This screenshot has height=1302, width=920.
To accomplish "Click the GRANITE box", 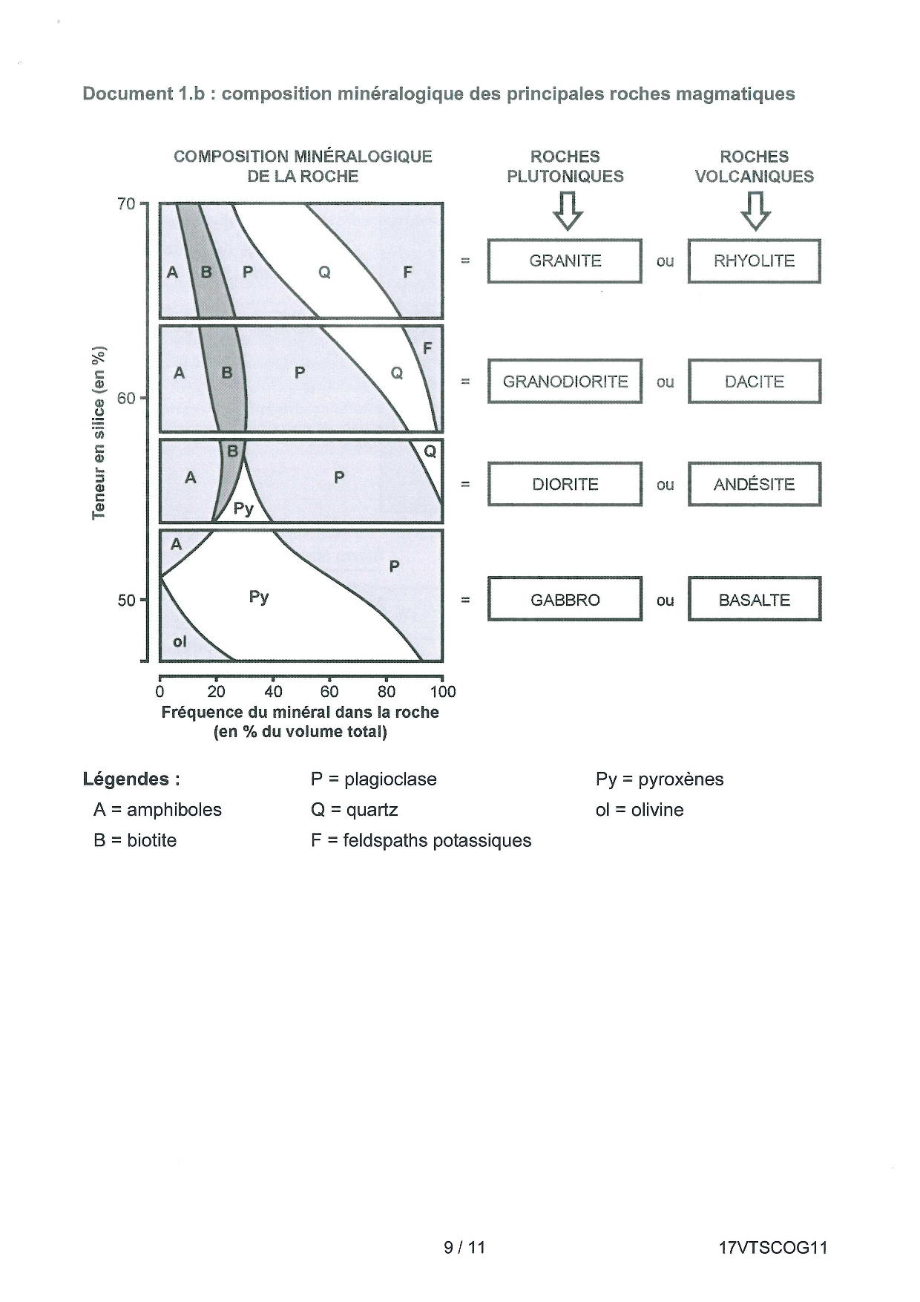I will pyautogui.click(x=565, y=261).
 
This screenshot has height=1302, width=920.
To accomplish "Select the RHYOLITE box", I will pyautogui.click(x=754, y=261).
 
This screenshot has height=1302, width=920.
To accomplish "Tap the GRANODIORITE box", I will pyautogui.click(x=565, y=382).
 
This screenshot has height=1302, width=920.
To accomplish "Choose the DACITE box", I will pyautogui.click(x=754, y=382).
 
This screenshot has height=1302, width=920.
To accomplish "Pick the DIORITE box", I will pyautogui.click(x=565, y=484).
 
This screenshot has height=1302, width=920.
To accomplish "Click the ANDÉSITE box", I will pyautogui.click(x=754, y=484).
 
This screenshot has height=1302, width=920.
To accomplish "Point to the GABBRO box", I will pyautogui.click(x=565, y=599).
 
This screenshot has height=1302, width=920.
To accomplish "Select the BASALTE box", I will pyautogui.click(x=754, y=599).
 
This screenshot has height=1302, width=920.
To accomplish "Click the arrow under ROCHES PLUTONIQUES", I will pyautogui.click(x=568, y=211).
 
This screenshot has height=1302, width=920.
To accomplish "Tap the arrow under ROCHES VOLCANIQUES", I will pyautogui.click(x=755, y=211).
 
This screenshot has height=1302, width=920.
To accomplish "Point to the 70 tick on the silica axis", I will pyautogui.click(x=144, y=203).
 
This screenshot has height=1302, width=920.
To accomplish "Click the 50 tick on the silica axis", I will pyautogui.click(x=144, y=600).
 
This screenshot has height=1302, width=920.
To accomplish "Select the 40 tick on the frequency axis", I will pyautogui.click(x=273, y=678).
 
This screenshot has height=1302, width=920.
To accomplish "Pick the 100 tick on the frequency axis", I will pyautogui.click(x=442, y=678).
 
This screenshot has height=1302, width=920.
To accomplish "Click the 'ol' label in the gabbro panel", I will pyautogui.click(x=180, y=641).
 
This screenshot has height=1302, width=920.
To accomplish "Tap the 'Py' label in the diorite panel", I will pyautogui.click(x=243, y=508).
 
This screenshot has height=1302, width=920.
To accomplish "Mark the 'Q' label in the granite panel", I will pyautogui.click(x=324, y=272).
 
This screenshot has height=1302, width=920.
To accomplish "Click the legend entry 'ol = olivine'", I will pyautogui.click(x=639, y=810).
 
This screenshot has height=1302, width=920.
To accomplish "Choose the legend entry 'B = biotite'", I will pyautogui.click(x=135, y=840).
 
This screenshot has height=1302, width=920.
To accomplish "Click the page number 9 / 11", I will pyautogui.click(x=464, y=1247).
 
